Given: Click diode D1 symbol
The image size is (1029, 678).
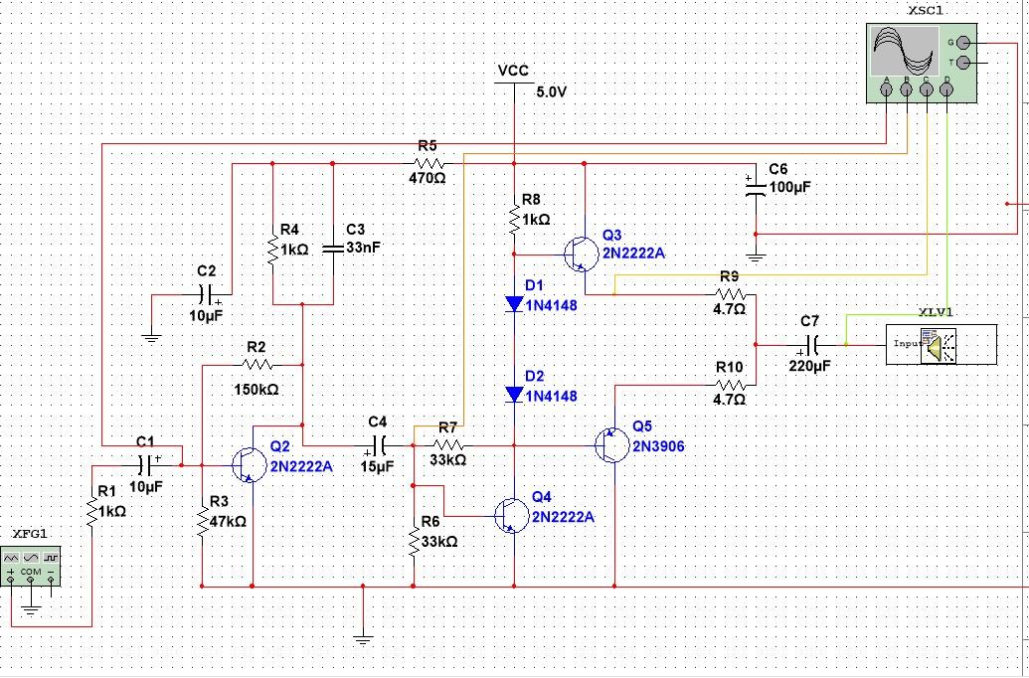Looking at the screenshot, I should point(514,304).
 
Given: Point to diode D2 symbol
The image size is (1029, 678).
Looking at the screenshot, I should point(514,395).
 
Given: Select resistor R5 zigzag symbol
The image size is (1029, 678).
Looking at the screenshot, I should point(428,163).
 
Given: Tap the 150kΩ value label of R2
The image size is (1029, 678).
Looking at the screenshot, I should point(257,390).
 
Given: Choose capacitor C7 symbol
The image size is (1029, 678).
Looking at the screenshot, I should point(810,345).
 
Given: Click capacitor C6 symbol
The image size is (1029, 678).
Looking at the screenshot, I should point(755,187).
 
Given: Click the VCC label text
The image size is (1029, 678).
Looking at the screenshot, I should point(513,71).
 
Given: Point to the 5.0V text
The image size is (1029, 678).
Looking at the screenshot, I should point(551,91).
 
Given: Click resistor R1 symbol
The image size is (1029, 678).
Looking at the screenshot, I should point(92,512).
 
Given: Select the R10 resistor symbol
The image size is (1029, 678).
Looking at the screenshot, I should point(730,384).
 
